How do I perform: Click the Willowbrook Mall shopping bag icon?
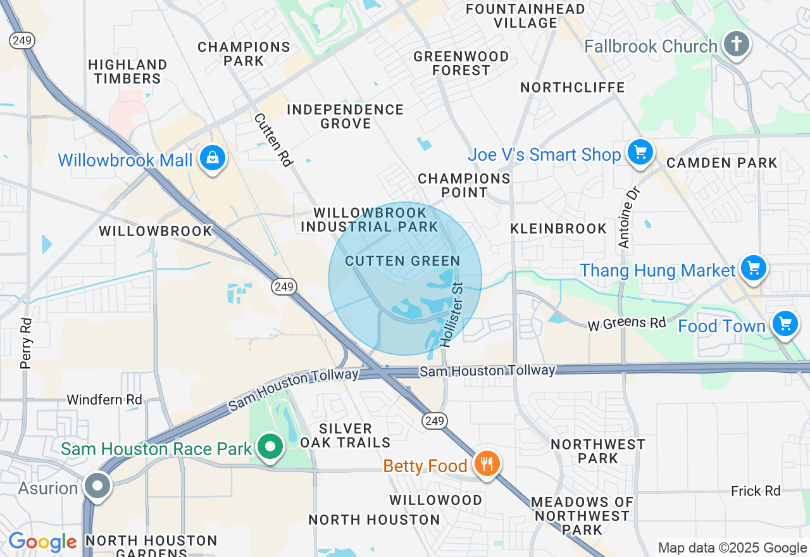tap(213, 158)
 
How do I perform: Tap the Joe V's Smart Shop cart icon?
tap(640, 153)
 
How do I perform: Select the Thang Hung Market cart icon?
tap(752, 268)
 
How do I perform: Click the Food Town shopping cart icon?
tap(785, 323)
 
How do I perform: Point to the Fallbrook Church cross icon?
tap(736, 44)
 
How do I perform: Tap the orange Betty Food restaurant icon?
tap(486, 464)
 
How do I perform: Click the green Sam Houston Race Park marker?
tap(270, 447)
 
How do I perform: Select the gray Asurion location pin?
tap(97, 486)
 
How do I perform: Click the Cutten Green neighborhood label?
tap(402, 261)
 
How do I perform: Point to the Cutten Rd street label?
tap(273, 140)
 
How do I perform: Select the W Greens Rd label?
tap(626, 323)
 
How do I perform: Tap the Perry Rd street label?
tap(26, 343)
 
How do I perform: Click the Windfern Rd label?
tap(104, 400)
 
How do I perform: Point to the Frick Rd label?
tap(756, 491)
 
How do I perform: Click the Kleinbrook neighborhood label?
tap(559, 228)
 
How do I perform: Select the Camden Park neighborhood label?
tap(721, 163)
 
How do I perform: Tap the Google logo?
tap(42, 542)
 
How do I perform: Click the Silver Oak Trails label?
tap(346, 435)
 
